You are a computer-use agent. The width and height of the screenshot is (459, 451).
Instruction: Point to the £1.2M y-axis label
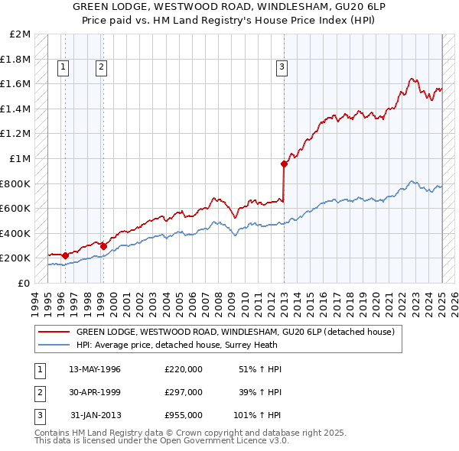click(16, 134)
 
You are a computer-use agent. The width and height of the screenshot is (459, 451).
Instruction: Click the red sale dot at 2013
click(284, 164)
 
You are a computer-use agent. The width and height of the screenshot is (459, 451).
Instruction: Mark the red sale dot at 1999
click(103, 246)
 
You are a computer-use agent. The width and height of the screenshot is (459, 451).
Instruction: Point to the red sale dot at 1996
click(65, 255)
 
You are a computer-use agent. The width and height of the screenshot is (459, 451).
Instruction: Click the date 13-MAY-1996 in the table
click(95, 369)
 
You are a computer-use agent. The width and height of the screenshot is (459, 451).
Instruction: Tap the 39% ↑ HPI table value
click(259, 391)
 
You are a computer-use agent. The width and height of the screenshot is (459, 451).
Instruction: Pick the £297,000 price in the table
click(183, 391)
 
